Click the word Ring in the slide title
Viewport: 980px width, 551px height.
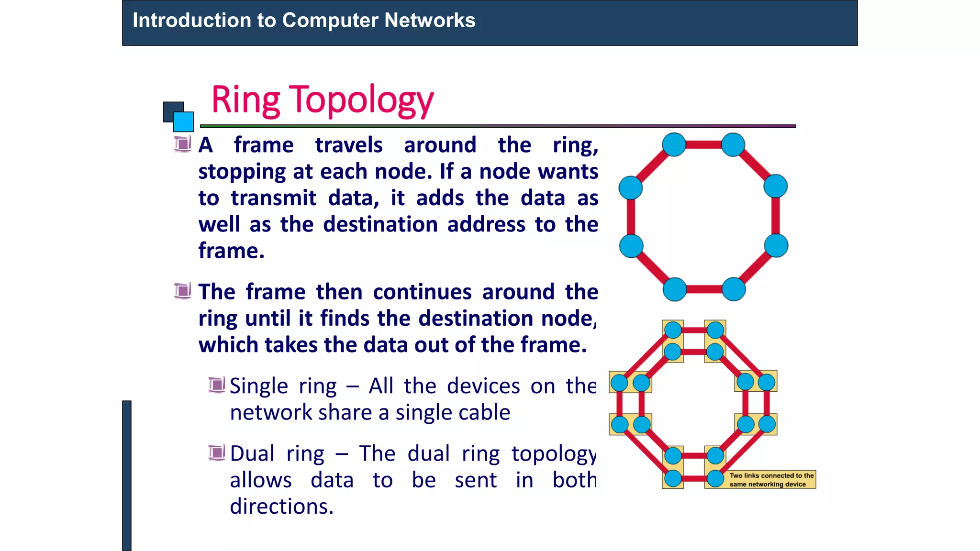245,100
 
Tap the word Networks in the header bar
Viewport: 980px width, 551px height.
430,21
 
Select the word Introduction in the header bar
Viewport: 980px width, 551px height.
191,21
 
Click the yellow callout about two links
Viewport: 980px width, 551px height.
771,480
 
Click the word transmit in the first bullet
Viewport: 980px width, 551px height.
273,198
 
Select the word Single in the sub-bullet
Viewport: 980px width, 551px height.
259,386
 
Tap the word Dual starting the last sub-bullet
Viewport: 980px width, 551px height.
252,453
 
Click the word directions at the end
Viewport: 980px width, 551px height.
281,506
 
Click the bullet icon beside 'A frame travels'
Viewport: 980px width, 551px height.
182,144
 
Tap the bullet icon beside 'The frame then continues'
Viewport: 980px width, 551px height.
182,291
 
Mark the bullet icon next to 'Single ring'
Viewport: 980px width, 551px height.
216,385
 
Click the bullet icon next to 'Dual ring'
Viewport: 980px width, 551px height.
216,452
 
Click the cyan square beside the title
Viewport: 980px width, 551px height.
183,121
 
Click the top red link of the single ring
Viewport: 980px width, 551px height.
703,144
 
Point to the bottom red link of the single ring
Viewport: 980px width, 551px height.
704,289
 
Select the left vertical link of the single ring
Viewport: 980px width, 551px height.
631,217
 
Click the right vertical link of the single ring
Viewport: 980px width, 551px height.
776,216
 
